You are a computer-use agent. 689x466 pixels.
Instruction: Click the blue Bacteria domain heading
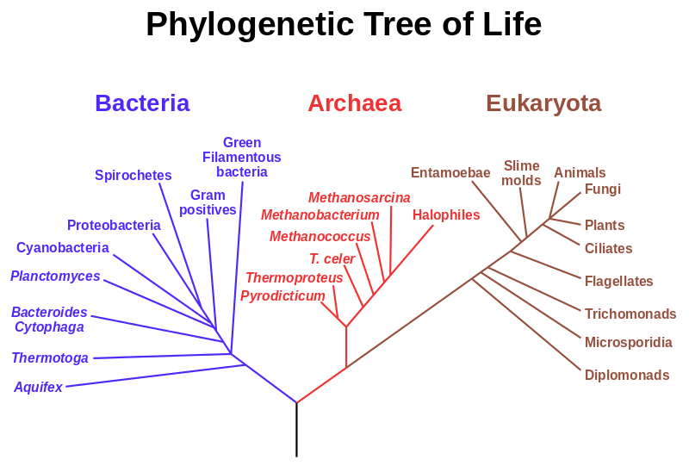click(142, 103)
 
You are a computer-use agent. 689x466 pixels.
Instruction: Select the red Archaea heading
click(355, 103)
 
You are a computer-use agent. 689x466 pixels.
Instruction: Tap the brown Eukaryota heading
click(543, 104)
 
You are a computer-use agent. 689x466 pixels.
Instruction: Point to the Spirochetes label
click(133, 176)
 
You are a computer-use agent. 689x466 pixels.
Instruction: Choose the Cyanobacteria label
click(62, 247)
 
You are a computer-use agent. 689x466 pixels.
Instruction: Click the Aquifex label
click(38, 387)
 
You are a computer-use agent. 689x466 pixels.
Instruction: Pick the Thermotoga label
click(50, 357)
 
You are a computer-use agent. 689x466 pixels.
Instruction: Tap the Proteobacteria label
click(114, 225)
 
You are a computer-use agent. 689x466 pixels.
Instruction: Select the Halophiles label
click(446, 215)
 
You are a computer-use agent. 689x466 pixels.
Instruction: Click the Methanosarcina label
click(359, 198)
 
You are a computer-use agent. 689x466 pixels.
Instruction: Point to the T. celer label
click(332, 258)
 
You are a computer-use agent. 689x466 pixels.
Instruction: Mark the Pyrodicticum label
click(282, 295)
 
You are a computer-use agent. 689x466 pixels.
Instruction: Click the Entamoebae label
click(450, 173)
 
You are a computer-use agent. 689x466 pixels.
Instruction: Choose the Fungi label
click(602, 189)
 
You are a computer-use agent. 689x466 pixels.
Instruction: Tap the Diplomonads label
click(627, 375)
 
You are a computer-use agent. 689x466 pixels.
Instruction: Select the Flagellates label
click(618, 281)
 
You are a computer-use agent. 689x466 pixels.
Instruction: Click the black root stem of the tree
click(296, 430)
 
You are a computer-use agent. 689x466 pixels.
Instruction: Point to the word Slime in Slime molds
click(521, 165)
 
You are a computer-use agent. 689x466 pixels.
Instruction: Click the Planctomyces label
click(55, 276)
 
